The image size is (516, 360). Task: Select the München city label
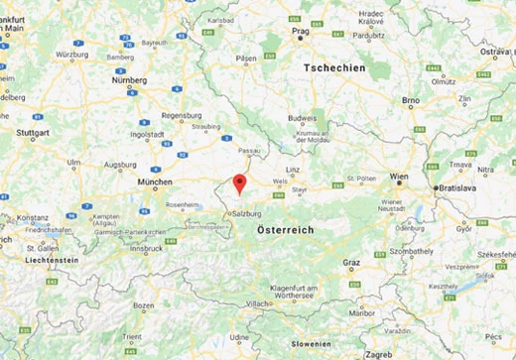point(155,182)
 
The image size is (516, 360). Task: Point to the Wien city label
point(399,176)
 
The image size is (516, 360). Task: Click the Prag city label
point(303,31)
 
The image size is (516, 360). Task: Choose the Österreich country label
point(285,229)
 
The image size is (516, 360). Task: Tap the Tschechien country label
point(334,67)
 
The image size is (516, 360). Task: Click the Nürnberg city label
point(127,79)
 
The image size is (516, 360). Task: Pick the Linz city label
point(294,171)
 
